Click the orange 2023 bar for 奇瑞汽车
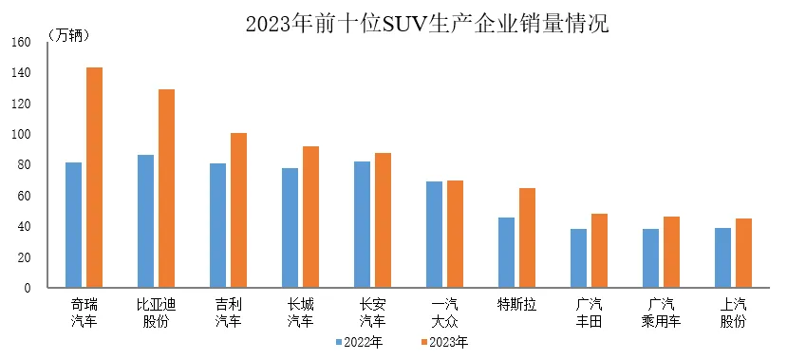94,178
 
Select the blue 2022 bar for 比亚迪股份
145,221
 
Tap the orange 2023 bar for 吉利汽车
238,210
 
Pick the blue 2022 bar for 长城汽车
290,228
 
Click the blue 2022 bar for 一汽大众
434,235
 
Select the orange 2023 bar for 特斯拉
527,238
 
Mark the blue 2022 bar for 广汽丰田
578,258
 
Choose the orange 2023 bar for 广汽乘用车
671,253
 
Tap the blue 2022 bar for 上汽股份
722,257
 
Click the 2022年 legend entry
361,342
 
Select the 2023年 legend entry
444,342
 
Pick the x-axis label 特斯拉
516,305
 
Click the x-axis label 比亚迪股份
156,313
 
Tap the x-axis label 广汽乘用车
661,313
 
